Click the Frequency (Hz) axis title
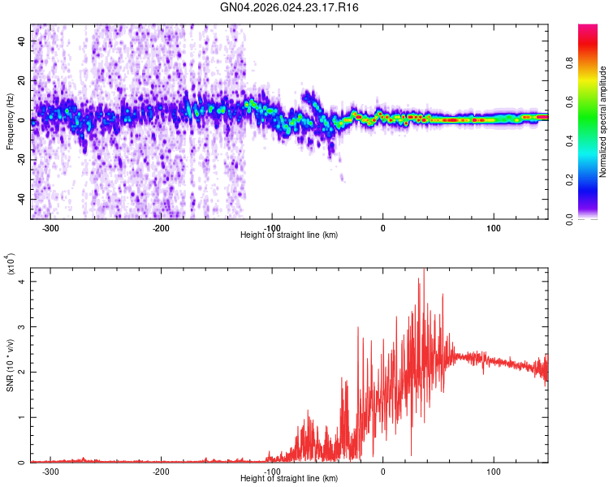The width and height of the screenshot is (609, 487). click(10, 122)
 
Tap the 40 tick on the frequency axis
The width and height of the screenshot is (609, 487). click(21, 41)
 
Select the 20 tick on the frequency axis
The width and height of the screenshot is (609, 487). click(21, 80)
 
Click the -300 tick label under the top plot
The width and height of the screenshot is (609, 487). click(50, 228)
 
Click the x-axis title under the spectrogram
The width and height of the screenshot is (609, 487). click(289, 235)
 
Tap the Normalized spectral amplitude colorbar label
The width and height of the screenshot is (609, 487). click(603, 122)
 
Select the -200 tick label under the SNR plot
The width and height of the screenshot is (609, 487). click(161, 472)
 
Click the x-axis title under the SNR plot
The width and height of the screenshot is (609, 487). click(289, 479)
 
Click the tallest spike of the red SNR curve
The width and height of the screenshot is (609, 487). click(423, 270)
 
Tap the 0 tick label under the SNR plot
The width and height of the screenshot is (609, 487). click(382, 472)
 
